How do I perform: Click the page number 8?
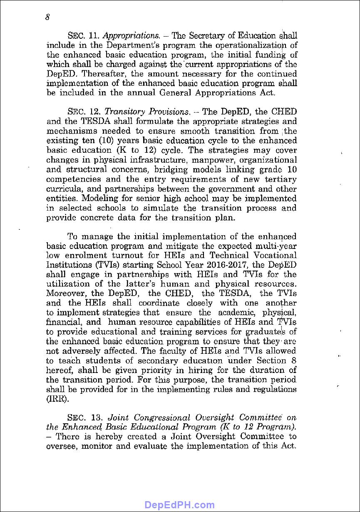[x=48, y=17]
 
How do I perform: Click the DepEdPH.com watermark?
[x=179, y=505]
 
